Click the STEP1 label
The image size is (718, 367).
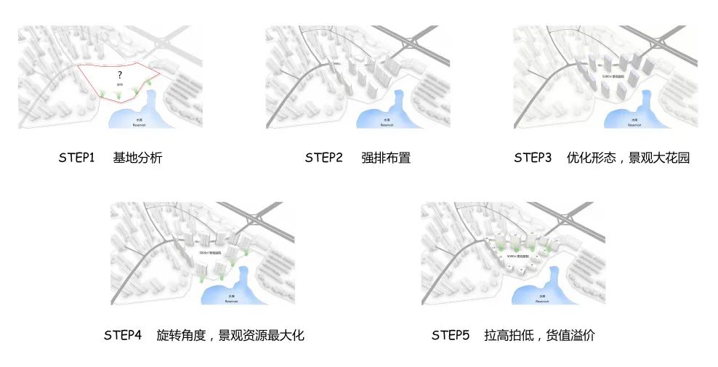click(x=77, y=158)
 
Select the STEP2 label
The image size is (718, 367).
click(x=323, y=158)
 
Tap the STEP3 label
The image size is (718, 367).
click(x=533, y=158)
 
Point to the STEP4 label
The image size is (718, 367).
click(x=122, y=335)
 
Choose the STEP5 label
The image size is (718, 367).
click(x=451, y=335)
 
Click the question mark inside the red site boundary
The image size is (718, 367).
click(x=119, y=75)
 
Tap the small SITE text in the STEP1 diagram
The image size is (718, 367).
click(x=120, y=85)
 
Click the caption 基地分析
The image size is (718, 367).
click(x=137, y=158)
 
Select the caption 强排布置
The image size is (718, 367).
click(x=386, y=158)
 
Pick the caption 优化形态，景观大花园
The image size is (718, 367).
click(x=628, y=158)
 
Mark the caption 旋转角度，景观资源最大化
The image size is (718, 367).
click(x=230, y=335)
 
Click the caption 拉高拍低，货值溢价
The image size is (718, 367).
click(x=539, y=335)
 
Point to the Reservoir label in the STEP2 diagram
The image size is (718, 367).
click(x=385, y=124)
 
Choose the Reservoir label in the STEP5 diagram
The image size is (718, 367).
click(x=541, y=299)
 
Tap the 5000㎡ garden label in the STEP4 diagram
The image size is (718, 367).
click(x=209, y=251)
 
